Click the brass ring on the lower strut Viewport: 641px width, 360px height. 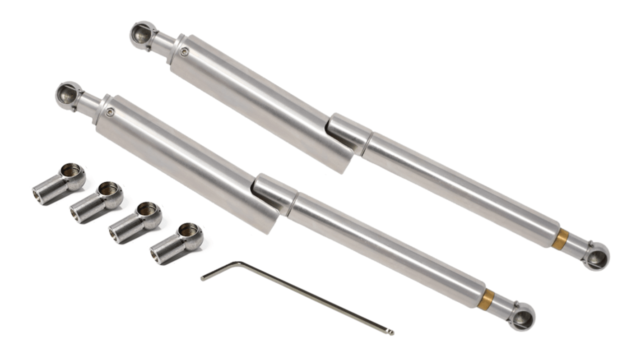[488, 298]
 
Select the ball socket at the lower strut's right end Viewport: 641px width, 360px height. [523, 318]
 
